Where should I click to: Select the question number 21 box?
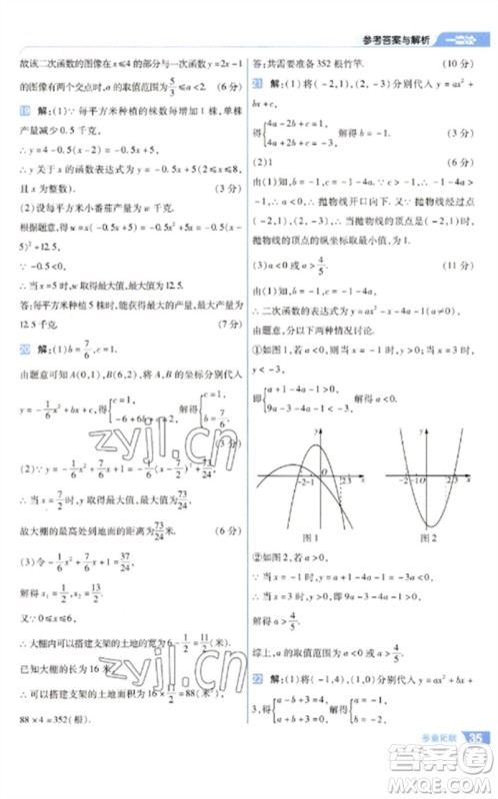(x=257, y=85)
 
